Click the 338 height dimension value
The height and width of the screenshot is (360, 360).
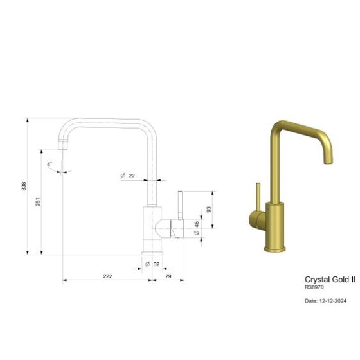tap(24, 186)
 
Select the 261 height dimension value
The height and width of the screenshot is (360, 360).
tap(37, 201)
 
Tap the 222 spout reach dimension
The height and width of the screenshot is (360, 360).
tap(107, 276)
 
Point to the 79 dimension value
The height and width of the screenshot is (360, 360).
tap(168, 276)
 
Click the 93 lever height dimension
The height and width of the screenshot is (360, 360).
tap(208, 210)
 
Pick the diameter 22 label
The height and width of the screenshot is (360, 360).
tap(128, 175)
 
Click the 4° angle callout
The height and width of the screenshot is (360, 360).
tap(50, 164)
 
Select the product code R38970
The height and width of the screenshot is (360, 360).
tap(315, 289)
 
